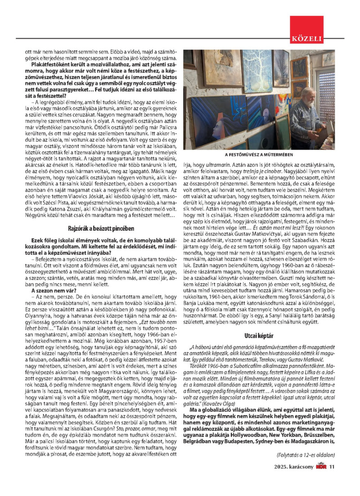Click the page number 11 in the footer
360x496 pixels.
[332, 479]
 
